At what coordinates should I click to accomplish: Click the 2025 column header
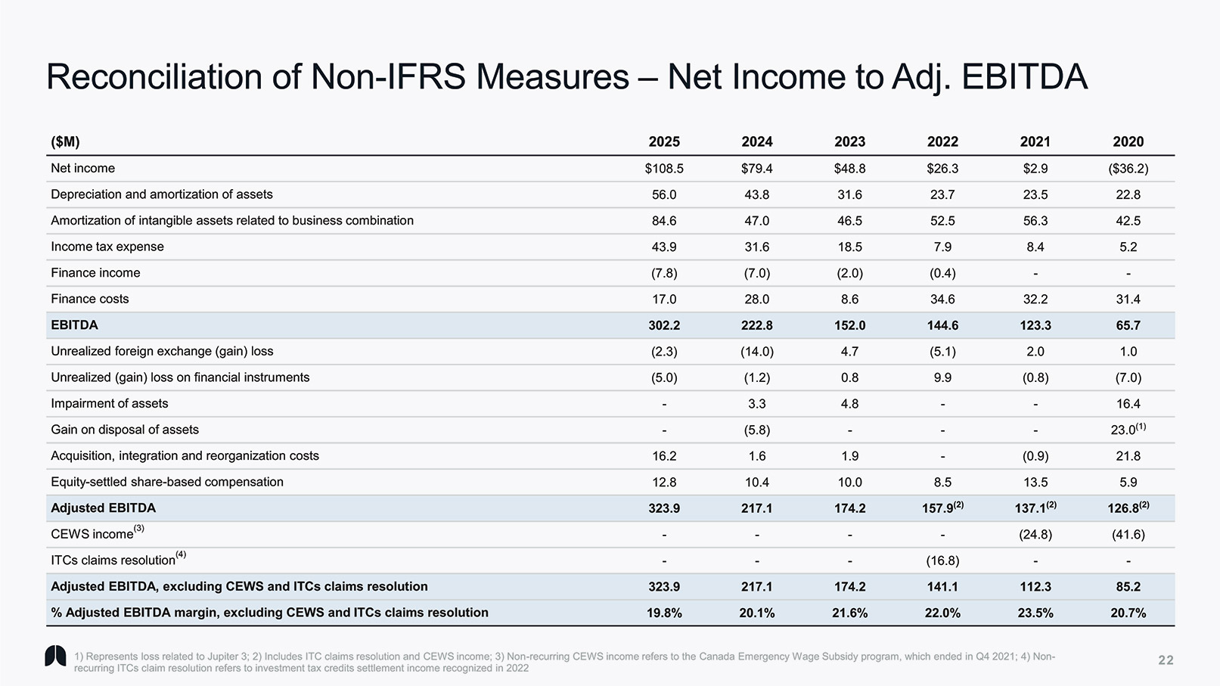pos(664,141)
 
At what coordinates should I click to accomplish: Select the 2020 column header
pos(1128,141)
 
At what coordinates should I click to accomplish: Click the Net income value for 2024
pos(756,169)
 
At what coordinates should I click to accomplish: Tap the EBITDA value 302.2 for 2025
pos(664,325)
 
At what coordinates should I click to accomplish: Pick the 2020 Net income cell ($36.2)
pos(1128,169)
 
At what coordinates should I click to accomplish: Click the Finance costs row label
pos(89,299)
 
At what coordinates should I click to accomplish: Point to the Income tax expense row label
pos(107,247)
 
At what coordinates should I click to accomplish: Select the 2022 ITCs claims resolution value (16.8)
pos(942,560)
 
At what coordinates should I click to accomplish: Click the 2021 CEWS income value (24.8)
pos(1035,535)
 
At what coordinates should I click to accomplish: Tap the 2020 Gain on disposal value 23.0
pos(1124,430)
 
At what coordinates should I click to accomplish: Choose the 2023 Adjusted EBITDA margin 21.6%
pos(849,613)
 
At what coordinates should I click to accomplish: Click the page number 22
pos(1166,660)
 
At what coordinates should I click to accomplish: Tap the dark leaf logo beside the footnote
pos(55,657)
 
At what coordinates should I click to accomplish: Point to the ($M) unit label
pos(65,141)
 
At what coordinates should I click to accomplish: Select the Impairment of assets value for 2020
pos(1128,404)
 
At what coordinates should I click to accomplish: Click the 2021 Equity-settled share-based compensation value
pos(1035,482)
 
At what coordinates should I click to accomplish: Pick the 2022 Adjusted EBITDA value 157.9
pos(939,508)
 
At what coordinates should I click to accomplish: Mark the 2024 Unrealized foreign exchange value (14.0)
pos(756,352)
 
